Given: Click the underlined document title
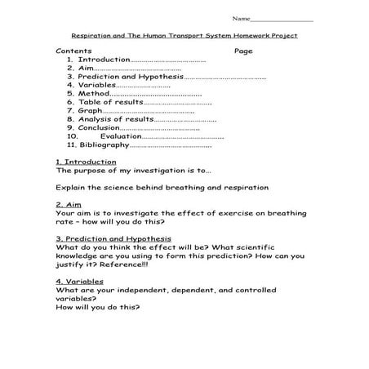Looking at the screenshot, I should tap(184, 35).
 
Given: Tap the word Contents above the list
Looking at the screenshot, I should tap(73, 51).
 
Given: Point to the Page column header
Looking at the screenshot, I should tap(243, 51).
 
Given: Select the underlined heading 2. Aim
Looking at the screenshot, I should tap(69, 204).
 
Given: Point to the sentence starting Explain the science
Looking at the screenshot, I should tap(162, 187).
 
